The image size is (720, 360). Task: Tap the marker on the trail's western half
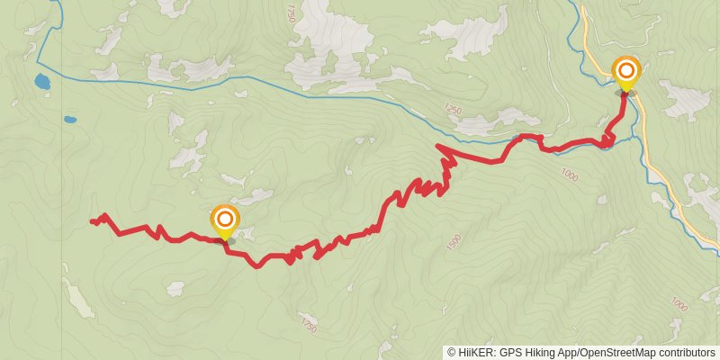pos(224,220)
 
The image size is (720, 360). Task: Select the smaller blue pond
pos(70,119)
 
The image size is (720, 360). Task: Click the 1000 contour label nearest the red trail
pos(569,175)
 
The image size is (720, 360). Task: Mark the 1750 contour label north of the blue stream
pos(290,13)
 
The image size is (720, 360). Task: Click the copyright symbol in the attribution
pos(452,353)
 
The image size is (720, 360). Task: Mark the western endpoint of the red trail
pos(91,220)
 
